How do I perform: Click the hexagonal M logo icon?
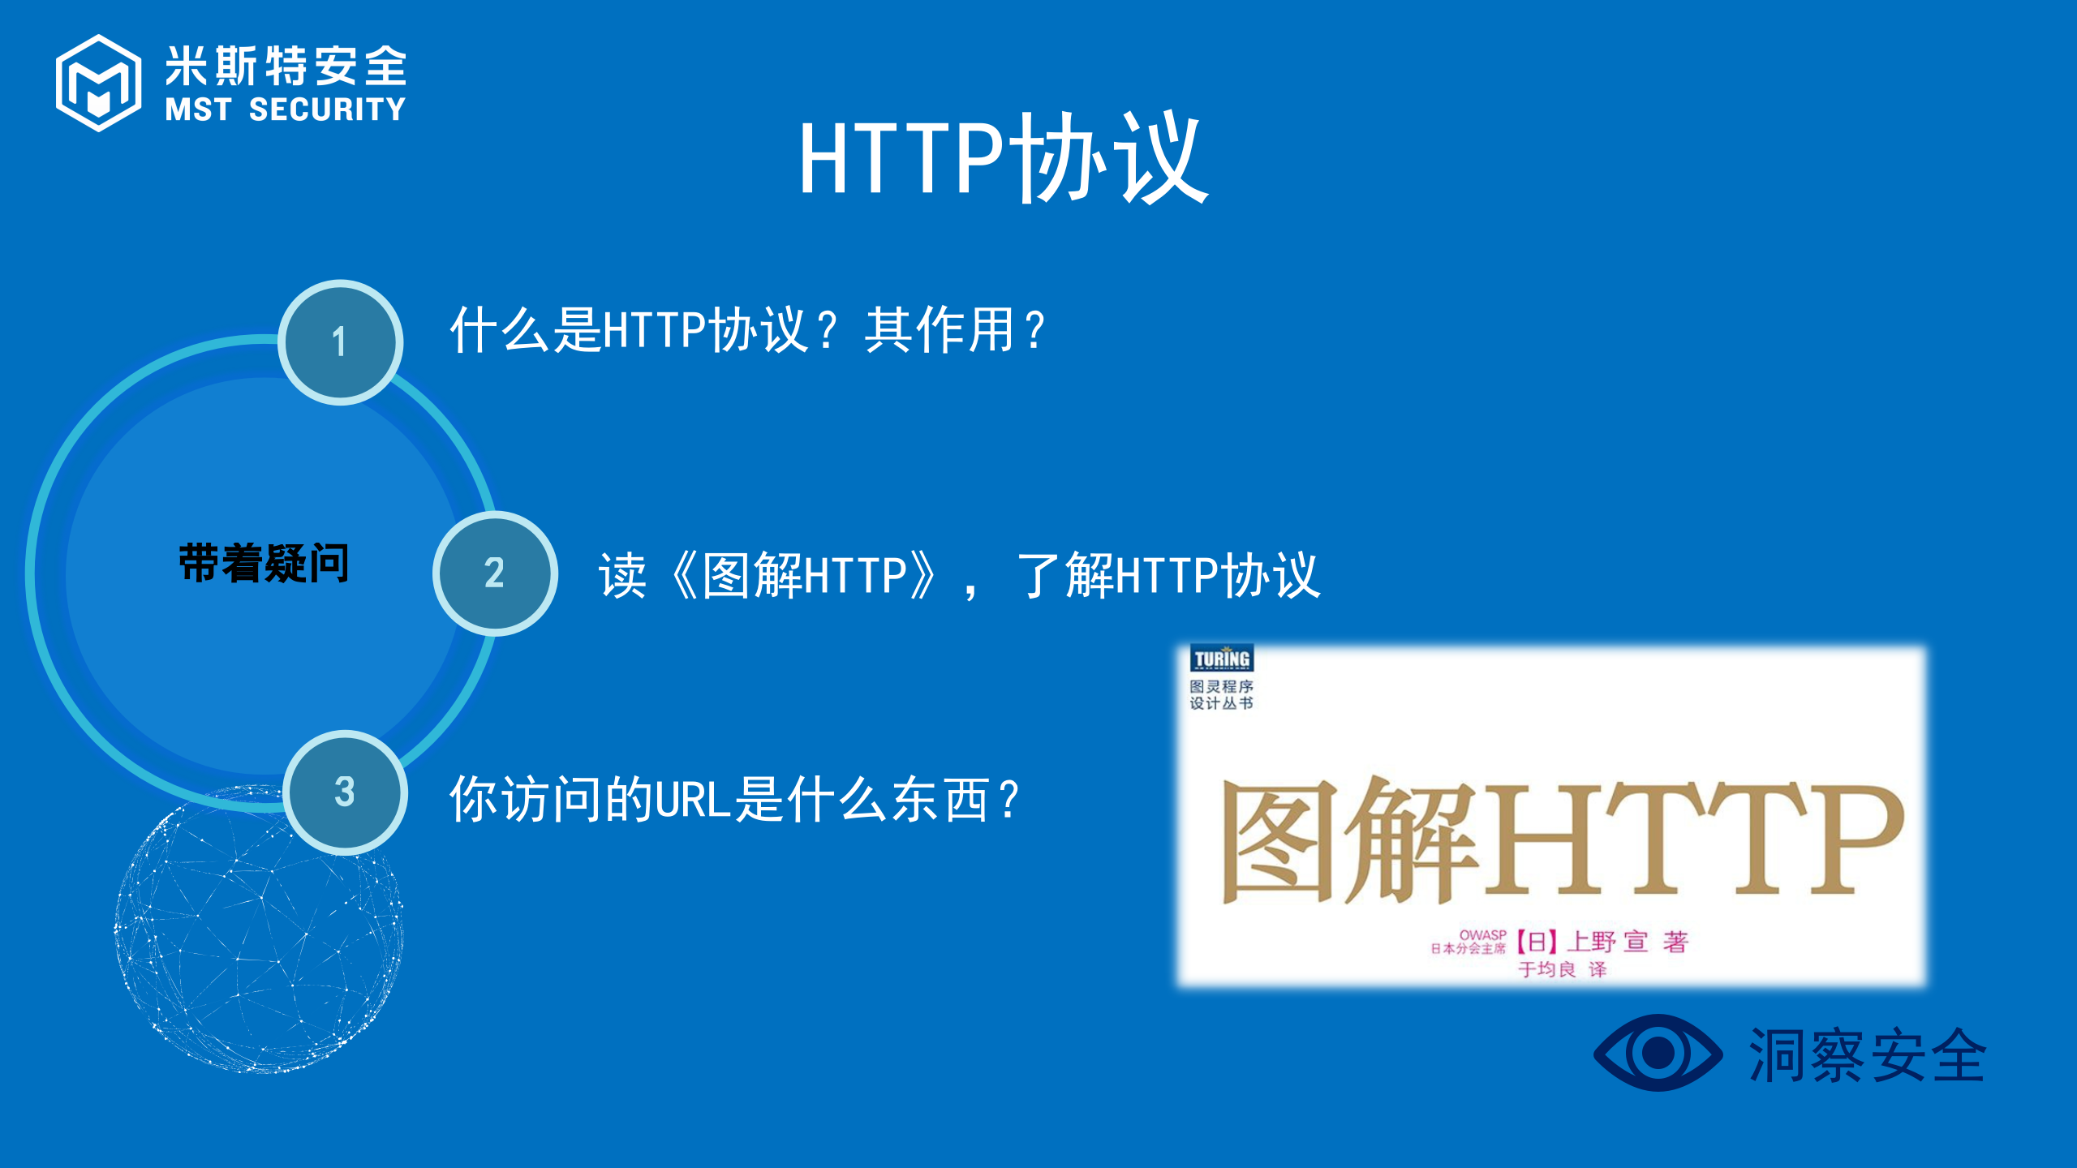(98, 83)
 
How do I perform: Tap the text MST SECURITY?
(285, 109)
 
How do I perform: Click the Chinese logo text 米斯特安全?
(286, 66)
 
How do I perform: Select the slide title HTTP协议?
(1004, 159)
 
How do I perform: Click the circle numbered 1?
(341, 342)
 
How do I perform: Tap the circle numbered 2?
(495, 573)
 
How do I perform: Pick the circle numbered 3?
(346, 792)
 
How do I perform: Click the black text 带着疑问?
(264, 563)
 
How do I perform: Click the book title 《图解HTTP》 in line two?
(803, 575)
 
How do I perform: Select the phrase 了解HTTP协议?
(1168, 575)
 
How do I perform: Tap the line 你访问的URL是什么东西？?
(734, 800)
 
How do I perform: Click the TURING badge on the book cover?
(1222, 659)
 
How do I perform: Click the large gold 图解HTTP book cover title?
(1562, 840)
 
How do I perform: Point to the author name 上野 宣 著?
(1626, 942)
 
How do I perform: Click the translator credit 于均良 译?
(1562, 969)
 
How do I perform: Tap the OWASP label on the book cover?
(1482, 935)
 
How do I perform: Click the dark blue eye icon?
(1658, 1053)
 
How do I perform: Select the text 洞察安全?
(1867, 1055)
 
